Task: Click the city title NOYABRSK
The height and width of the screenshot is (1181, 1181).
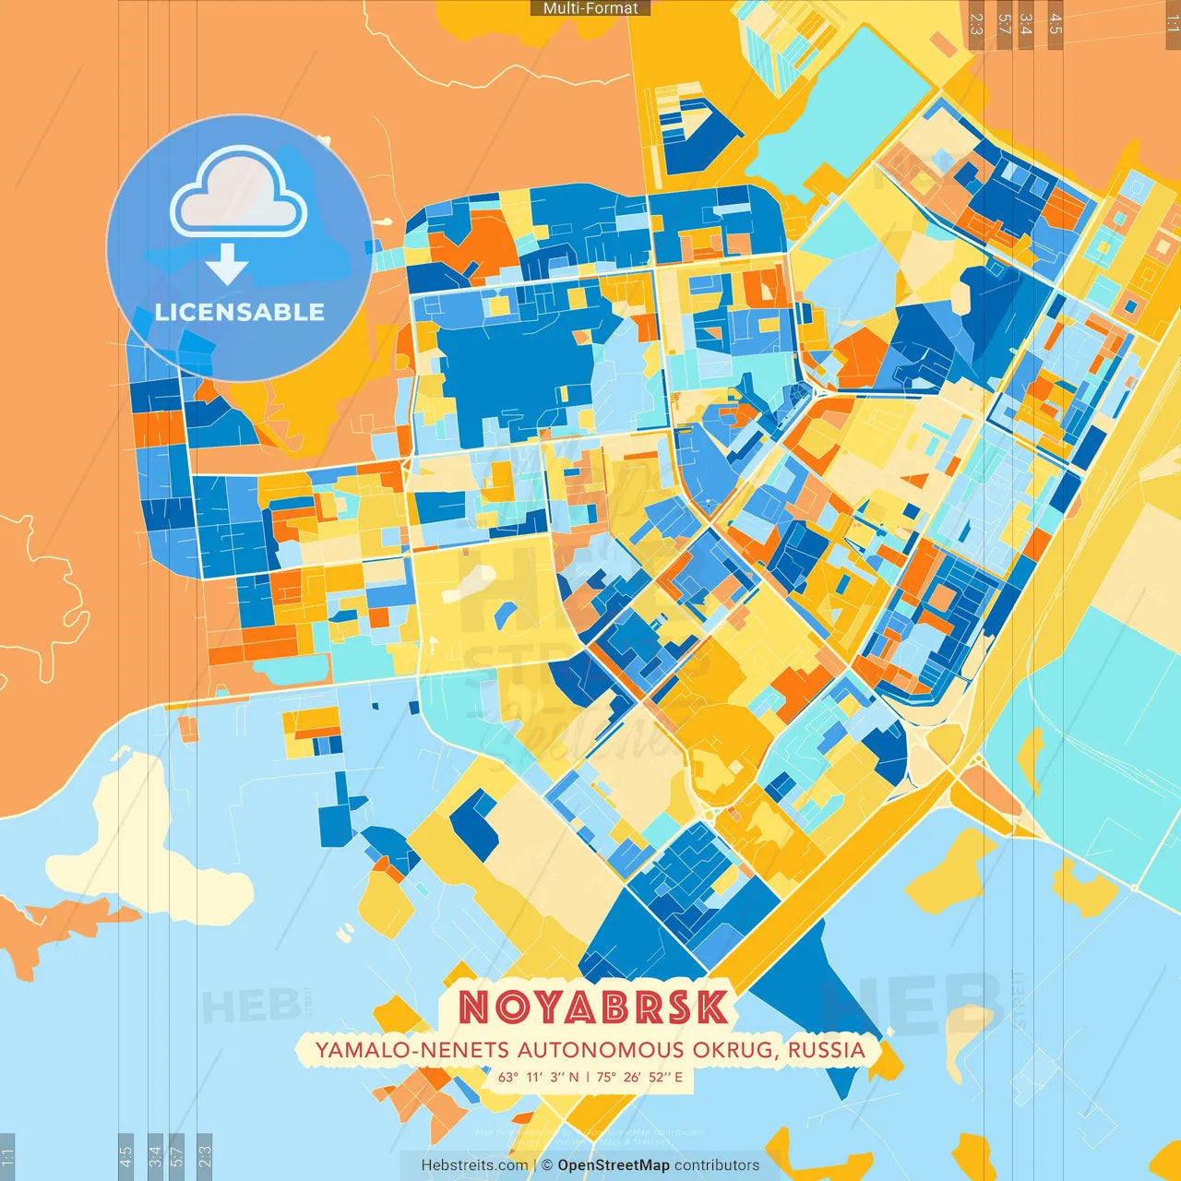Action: tap(594, 1008)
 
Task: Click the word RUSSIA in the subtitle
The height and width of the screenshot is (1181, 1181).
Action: tap(827, 1050)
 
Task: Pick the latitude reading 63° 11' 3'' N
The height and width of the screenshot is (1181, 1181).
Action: tap(539, 1077)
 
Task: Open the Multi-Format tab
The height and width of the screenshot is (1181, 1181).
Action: tap(590, 8)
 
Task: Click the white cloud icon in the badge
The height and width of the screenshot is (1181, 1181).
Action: tap(238, 192)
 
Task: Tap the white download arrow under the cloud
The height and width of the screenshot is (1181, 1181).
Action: tap(227, 265)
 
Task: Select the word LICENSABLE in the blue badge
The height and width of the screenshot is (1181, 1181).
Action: tap(240, 312)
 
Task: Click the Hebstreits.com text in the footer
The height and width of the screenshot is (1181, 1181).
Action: tap(474, 1165)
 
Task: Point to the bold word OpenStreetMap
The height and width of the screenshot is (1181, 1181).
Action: tap(614, 1165)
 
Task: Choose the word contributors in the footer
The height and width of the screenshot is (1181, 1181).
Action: tap(717, 1165)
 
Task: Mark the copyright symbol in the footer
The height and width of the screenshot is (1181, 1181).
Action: tap(547, 1165)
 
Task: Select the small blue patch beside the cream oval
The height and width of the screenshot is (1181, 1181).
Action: tap(505, 614)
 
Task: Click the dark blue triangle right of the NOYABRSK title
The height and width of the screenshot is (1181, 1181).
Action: tap(812, 978)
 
